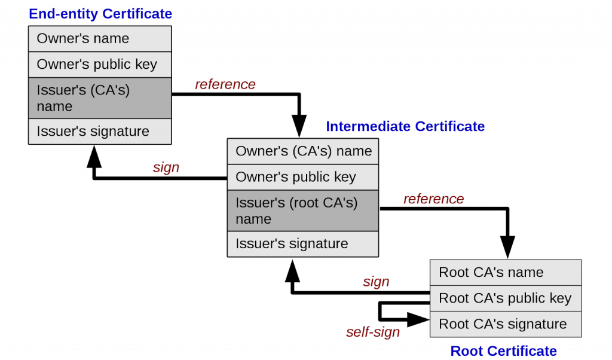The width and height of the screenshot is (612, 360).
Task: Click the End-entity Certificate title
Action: [100, 13]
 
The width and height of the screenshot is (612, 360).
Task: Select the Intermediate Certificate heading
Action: [405, 126]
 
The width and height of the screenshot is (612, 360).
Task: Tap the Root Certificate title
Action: [503, 351]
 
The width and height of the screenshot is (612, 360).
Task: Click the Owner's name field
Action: [100, 39]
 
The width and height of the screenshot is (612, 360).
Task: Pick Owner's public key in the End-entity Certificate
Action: [100, 65]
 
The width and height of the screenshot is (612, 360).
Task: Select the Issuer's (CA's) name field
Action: [100, 98]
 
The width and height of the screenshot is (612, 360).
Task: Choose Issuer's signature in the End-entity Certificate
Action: [100, 132]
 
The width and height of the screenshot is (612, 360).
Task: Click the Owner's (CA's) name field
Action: [303, 151]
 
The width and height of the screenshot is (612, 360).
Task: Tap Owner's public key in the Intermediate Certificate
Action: [303, 177]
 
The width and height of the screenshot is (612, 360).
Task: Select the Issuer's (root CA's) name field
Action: [303, 210]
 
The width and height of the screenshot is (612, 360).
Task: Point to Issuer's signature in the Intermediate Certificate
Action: [303, 244]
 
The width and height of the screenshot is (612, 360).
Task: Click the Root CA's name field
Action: [506, 273]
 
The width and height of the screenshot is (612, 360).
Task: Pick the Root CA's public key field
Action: [506, 298]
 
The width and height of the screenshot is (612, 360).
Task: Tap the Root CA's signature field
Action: [506, 324]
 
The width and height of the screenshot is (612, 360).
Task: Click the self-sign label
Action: [373, 332]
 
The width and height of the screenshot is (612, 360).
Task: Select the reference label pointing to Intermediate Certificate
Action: [225, 84]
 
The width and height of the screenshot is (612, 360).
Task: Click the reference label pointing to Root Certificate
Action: [433, 199]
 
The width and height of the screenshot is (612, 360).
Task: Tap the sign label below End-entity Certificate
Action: [166, 167]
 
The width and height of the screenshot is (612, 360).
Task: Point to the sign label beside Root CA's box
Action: [376, 282]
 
